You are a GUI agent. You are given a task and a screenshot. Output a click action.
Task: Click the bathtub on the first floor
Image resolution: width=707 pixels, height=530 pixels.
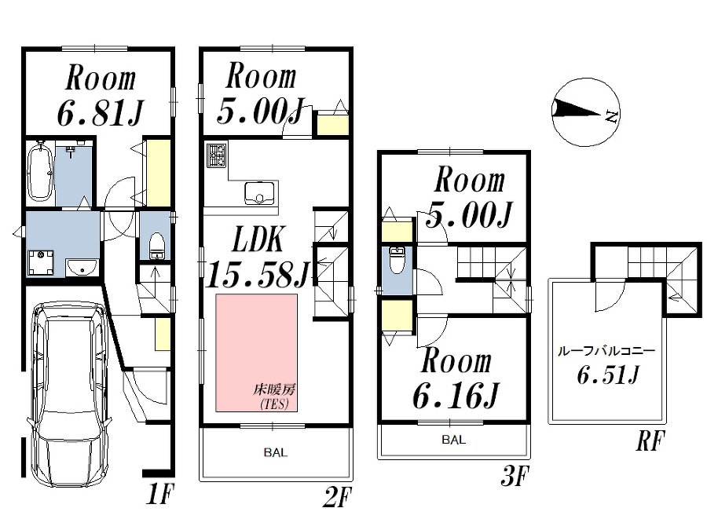(x=39, y=173)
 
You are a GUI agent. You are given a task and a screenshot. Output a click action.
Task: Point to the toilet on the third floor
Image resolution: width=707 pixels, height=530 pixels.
(x=397, y=260)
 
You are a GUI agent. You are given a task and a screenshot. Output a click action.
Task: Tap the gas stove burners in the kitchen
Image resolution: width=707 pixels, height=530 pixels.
(x=216, y=155)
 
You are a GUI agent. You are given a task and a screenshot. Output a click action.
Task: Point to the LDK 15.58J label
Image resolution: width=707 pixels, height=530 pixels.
(x=257, y=259)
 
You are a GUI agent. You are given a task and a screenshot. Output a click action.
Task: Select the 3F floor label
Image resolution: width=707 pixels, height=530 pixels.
(x=516, y=477)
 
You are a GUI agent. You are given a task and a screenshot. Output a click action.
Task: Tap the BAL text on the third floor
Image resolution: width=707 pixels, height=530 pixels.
(x=453, y=440)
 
